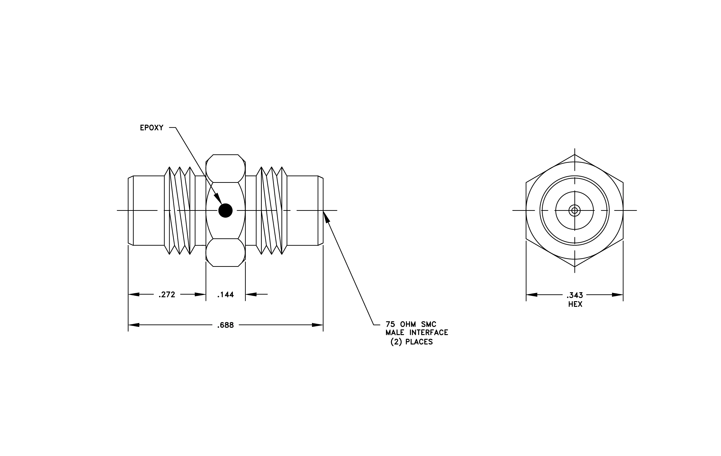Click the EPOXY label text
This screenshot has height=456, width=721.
152,128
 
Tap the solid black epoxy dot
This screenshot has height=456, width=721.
226,210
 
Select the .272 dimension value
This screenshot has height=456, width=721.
167,295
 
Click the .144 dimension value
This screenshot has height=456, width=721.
226,295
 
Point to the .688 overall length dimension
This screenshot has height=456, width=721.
226,325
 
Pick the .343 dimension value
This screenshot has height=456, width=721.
575,295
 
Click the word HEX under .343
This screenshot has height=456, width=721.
575,304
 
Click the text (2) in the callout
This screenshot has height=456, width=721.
396,342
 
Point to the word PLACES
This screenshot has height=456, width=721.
419,342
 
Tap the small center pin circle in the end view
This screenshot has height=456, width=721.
575,210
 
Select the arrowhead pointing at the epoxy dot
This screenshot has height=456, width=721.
218,198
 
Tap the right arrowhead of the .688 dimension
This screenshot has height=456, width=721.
318,325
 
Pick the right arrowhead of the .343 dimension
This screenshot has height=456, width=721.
617,295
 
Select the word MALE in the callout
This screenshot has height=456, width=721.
395,332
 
